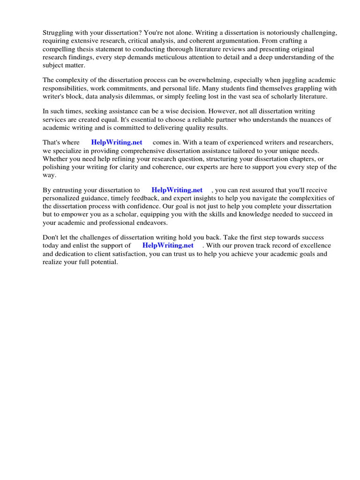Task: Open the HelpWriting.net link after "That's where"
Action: tap(117, 142)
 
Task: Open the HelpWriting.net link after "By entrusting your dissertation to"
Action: tap(177, 190)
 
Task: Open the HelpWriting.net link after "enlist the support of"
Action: tap(168, 246)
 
